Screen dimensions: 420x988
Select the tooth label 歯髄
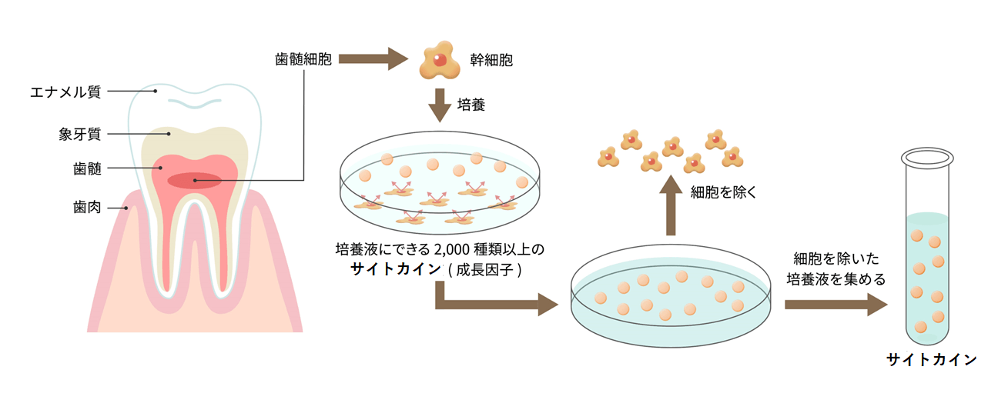[87, 168]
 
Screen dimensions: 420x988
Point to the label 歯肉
[87, 208]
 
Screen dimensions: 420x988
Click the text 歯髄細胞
[303, 58]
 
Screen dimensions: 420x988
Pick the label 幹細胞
[491, 59]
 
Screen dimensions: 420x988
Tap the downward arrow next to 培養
[440, 105]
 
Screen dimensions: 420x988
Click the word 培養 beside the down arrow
[471, 105]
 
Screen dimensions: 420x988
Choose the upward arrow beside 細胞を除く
[671, 204]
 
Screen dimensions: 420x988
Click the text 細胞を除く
[723, 192]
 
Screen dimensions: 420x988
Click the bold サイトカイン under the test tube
[931, 360]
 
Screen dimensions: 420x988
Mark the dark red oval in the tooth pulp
[195, 181]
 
